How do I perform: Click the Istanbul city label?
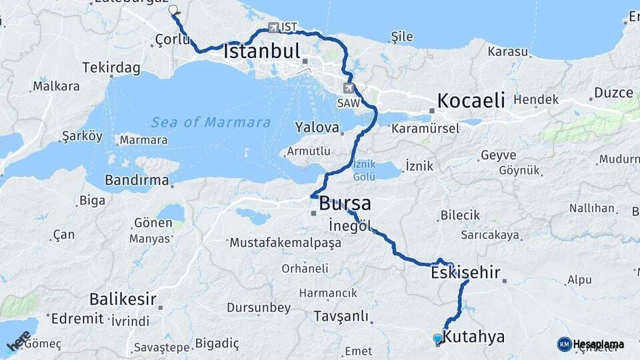262,51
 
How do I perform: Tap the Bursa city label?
345,203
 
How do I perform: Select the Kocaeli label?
471,101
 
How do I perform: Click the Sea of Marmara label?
211,123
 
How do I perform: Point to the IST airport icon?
273,27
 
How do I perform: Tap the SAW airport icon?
349,88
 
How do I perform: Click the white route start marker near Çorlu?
173,10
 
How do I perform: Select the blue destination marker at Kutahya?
437,339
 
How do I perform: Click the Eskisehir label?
465,273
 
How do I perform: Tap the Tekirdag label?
111,67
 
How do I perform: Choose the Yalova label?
317,127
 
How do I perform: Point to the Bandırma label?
137,180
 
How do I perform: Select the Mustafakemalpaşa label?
285,243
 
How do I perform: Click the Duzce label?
613,93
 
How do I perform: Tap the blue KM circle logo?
564,344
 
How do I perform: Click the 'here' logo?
18,341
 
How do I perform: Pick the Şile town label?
402,37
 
